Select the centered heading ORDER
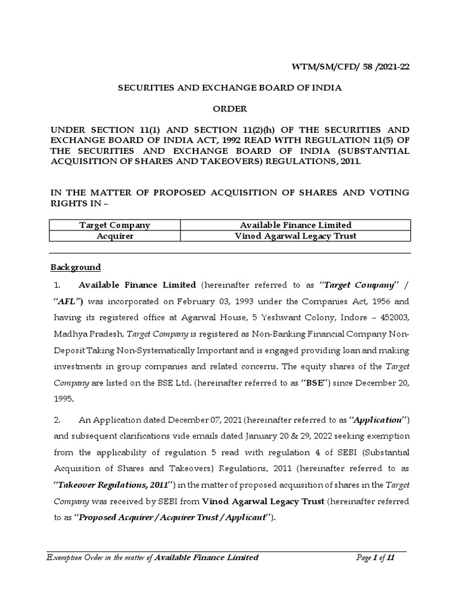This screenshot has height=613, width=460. (230, 109)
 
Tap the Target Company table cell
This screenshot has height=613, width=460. (115, 225)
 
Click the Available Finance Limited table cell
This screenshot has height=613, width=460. (295, 225)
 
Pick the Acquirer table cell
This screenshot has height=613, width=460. (115, 236)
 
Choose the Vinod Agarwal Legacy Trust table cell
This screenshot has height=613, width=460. (295, 236)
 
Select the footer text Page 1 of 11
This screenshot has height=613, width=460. (375, 557)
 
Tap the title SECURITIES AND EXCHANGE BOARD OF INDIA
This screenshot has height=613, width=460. (230, 87)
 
